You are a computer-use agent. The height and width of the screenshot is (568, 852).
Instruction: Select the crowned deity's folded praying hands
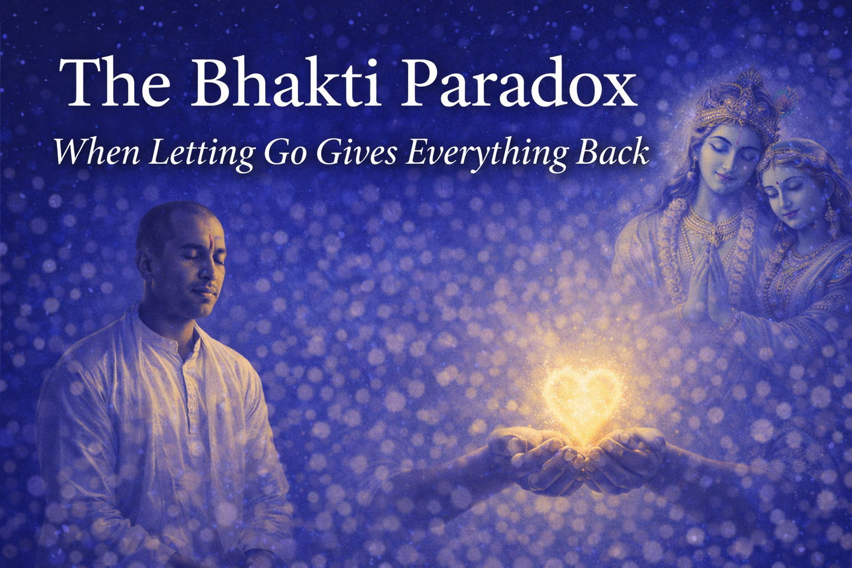click(704, 277)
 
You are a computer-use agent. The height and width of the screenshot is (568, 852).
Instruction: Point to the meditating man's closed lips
click(205, 291)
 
